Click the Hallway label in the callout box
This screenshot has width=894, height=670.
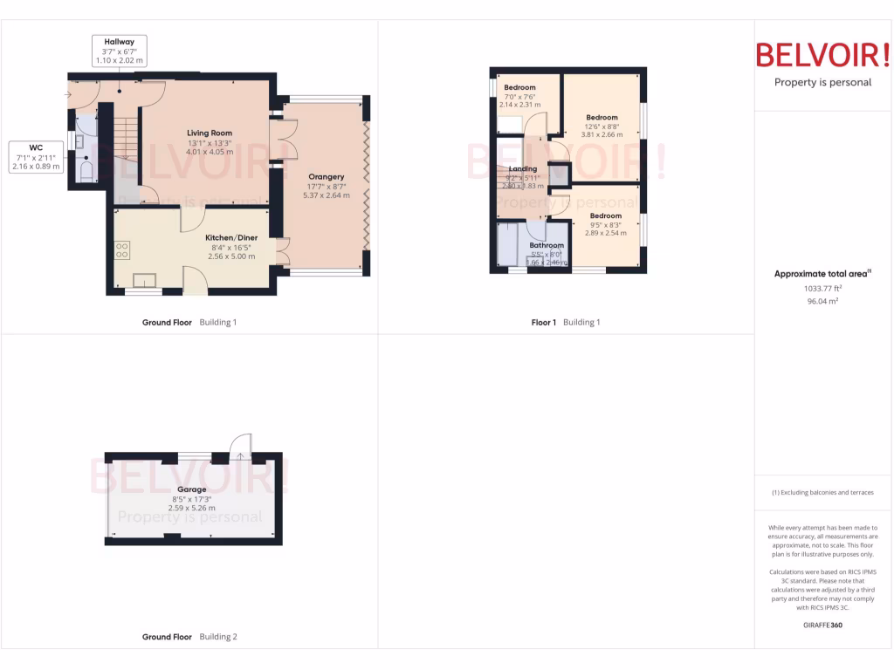(120, 42)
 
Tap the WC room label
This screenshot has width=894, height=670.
(35, 147)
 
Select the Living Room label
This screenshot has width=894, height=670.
(210, 133)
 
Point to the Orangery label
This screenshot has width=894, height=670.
(326, 177)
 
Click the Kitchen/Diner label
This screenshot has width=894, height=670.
(230, 237)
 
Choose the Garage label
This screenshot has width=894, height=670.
(191, 489)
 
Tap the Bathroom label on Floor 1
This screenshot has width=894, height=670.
(547, 246)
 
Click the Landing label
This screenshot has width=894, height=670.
(522, 169)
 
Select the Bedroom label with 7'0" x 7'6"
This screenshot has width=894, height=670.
(519, 87)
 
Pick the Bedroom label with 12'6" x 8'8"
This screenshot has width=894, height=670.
(602, 118)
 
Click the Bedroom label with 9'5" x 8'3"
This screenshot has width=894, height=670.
(605, 215)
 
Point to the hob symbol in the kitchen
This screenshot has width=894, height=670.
(121, 250)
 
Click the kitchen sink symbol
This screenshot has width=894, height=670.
(144, 280)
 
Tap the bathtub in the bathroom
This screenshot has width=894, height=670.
(507, 245)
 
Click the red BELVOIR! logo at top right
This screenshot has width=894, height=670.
(822, 55)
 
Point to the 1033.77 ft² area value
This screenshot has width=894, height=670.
(822, 288)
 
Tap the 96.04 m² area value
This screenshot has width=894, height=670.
(822, 301)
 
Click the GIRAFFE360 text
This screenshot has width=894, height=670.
(822, 625)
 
